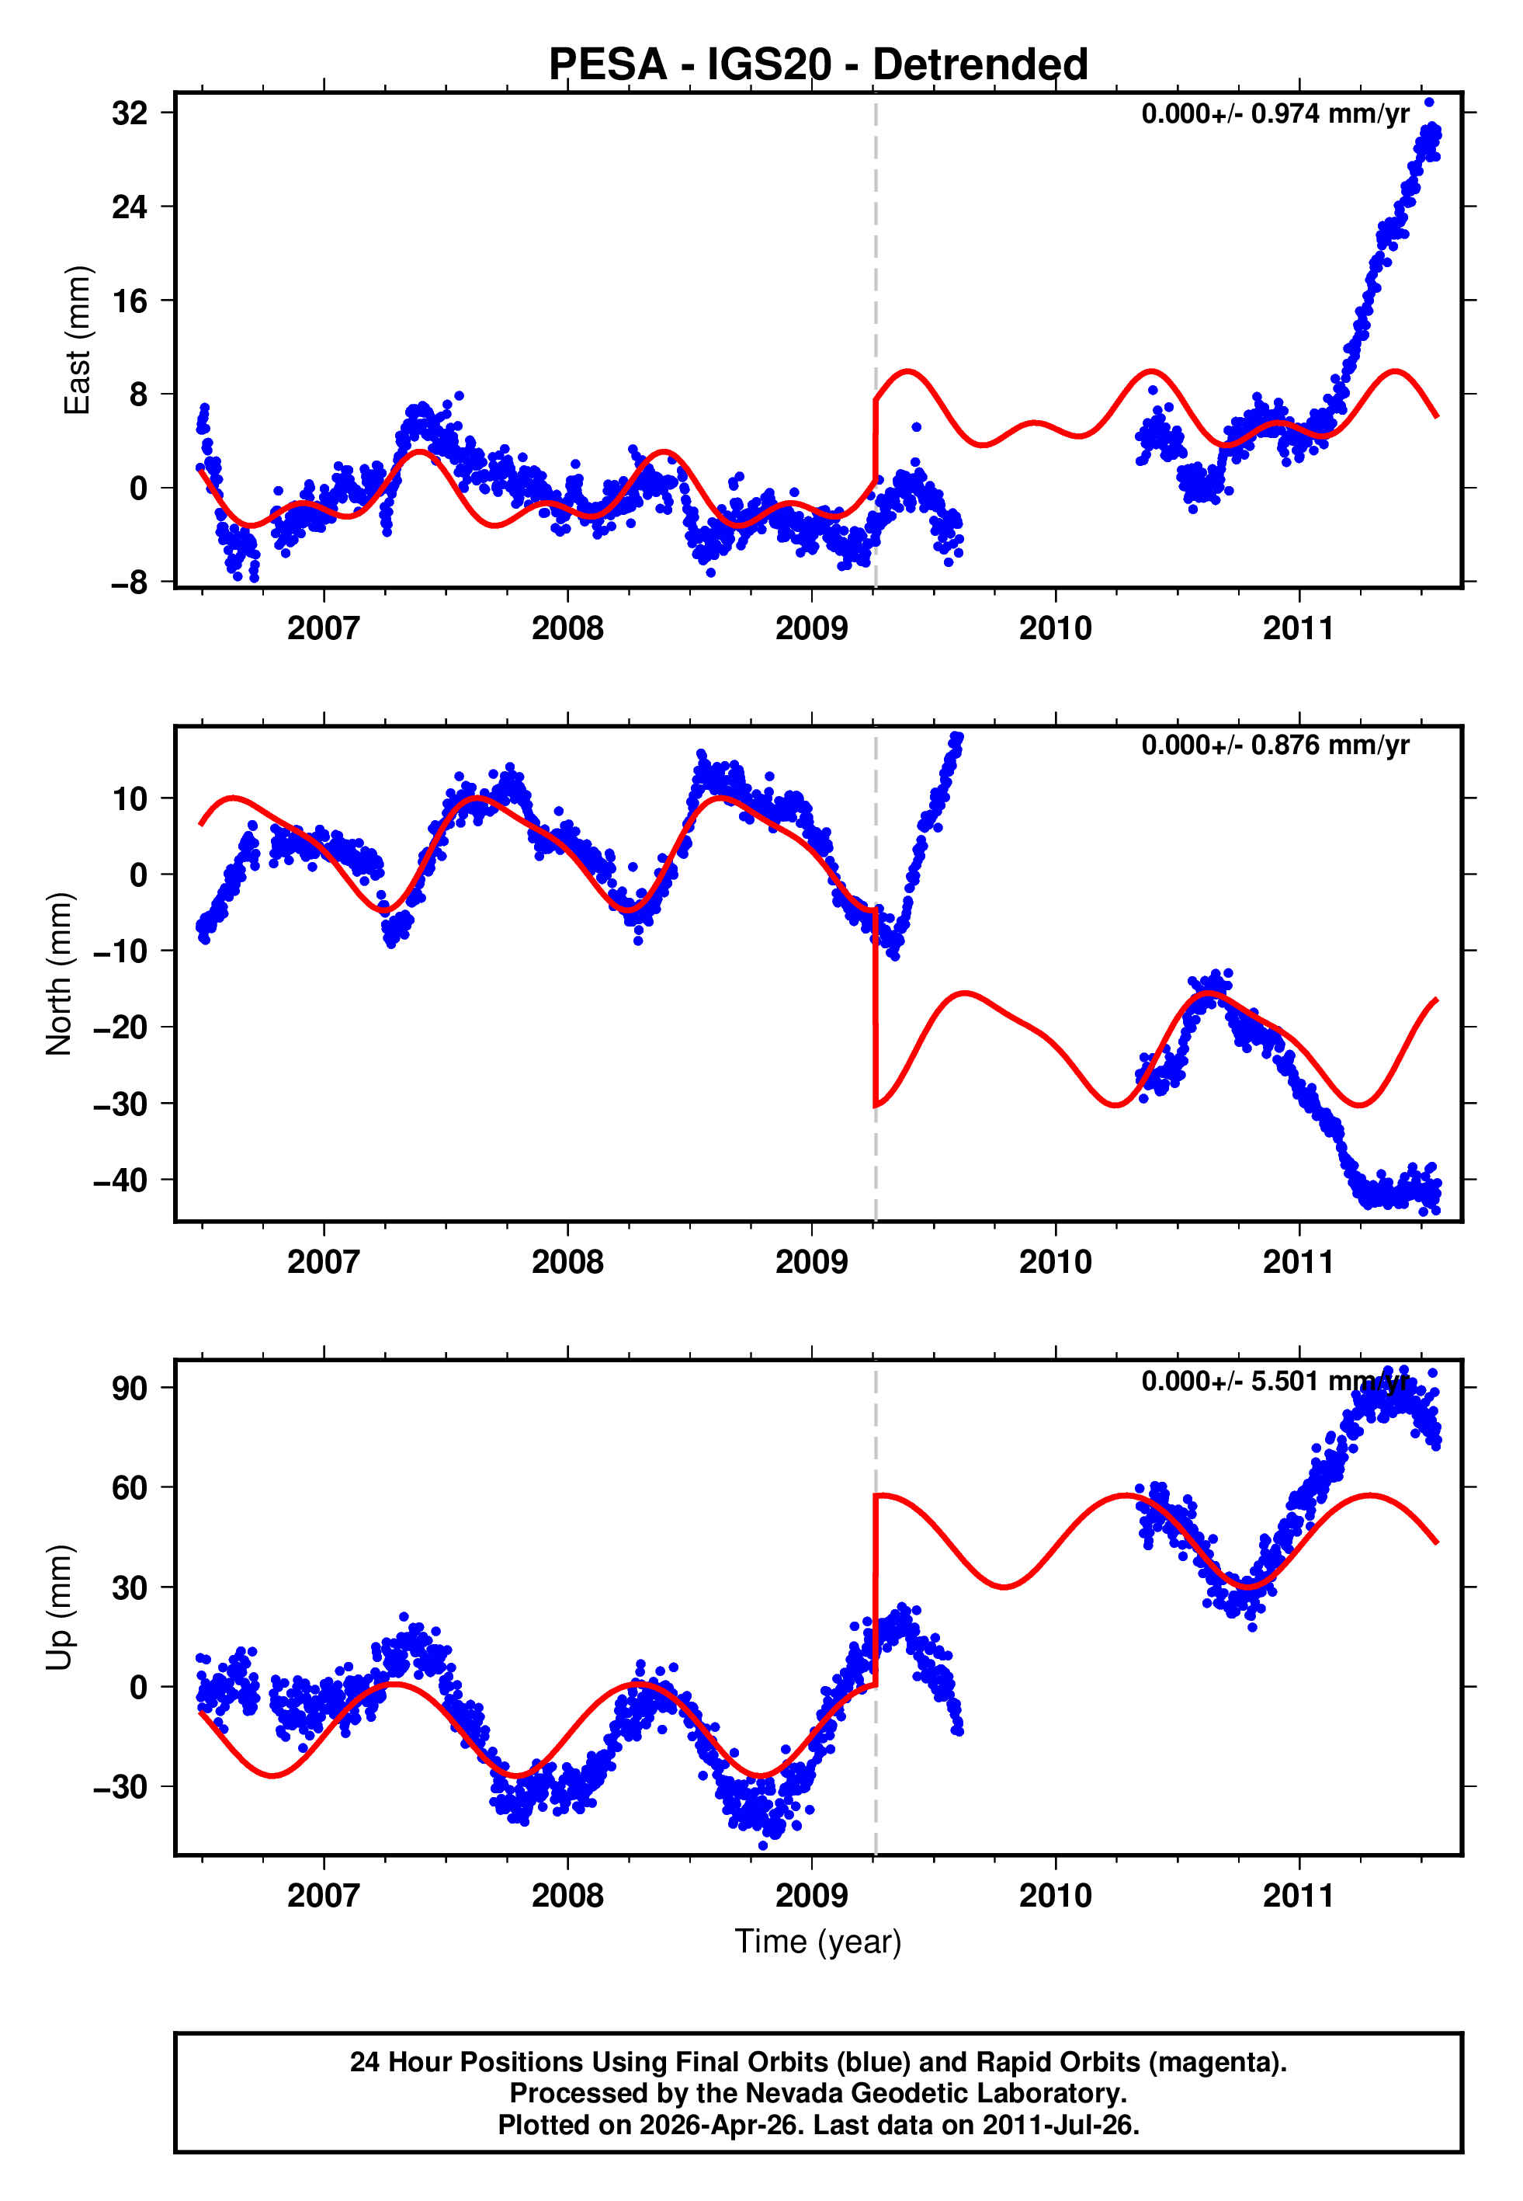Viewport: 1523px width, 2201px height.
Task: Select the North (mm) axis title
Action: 59,974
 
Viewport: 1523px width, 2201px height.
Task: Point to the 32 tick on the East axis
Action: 130,113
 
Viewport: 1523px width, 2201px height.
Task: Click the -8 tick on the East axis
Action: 130,582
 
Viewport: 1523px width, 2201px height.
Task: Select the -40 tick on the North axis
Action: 121,1180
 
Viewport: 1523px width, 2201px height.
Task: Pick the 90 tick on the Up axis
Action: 130,1388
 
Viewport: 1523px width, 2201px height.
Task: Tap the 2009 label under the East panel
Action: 811,629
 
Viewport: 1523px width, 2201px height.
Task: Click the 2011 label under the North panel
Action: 1298,1263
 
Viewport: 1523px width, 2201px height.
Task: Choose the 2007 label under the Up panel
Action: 324,1896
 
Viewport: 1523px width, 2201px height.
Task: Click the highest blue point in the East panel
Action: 1428,102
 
